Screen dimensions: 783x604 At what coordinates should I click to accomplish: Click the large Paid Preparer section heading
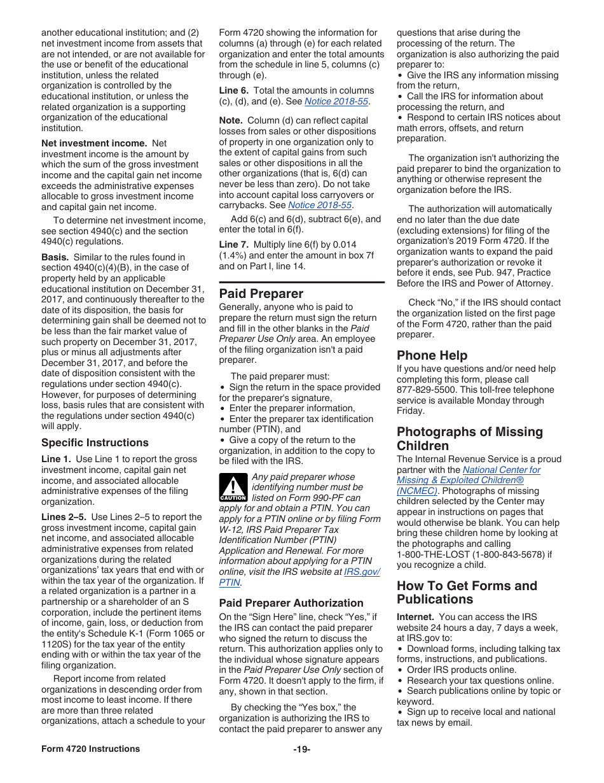click(261, 293)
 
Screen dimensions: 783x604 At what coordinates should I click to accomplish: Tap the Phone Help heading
click(432, 355)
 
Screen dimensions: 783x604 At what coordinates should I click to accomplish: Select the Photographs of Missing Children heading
click(469, 439)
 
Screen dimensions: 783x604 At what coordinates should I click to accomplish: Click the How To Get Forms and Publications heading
click(467, 593)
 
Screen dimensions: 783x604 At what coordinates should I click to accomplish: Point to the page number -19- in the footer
click(301, 749)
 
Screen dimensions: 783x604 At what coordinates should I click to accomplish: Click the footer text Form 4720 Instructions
click(90, 749)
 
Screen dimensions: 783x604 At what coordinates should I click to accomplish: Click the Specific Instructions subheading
click(95, 442)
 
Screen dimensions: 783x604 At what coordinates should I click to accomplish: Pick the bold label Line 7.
click(233, 244)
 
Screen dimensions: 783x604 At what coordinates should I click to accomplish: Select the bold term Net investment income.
click(94, 143)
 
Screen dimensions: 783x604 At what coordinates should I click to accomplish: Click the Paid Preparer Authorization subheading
click(291, 603)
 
